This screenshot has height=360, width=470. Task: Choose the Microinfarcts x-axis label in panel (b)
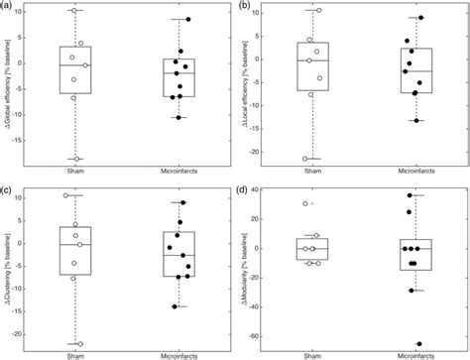click(x=409, y=174)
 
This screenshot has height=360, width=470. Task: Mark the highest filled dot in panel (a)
click(x=188, y=19)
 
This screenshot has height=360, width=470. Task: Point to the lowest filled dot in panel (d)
click(x=418, y=344)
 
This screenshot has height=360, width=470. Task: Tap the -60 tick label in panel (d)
click(x=255, y=337)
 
